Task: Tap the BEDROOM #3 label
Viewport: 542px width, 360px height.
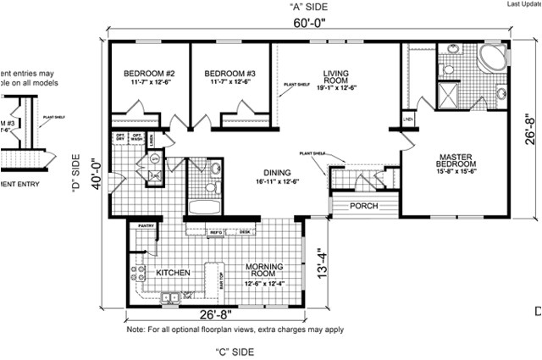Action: click(x=224, y=73)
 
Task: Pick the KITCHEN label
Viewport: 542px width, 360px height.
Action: click(x=174, y=273)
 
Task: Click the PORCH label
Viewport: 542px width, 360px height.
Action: click(x=363, y=206)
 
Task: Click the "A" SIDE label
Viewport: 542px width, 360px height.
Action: click(x=307, y=7)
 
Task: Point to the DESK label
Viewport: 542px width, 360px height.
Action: click(x=243, y=231)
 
